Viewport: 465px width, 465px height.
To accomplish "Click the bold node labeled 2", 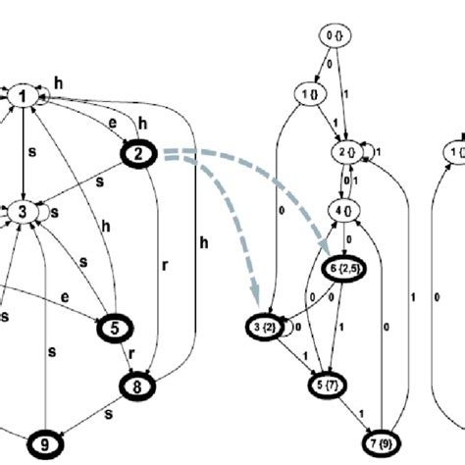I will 138,153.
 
